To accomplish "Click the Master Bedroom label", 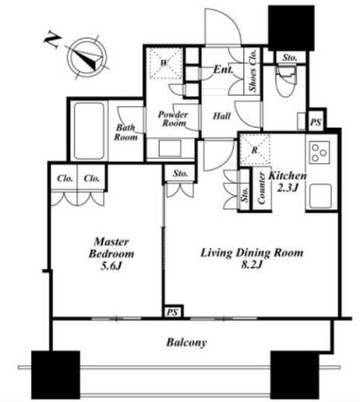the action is coord(111,254).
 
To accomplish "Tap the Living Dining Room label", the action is coord(252,258).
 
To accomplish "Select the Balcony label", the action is coord(186,342).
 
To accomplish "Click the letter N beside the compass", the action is coord(53,40).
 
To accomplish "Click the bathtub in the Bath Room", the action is coord(89,131).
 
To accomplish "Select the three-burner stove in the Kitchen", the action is coord(319,152).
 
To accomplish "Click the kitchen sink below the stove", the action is coord(320,196).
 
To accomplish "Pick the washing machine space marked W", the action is coord(166,63).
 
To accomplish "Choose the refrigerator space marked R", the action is coord(255,150).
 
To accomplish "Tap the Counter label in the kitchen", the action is coord(261,188).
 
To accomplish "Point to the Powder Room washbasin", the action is coord(169,148).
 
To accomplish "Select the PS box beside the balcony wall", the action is coord(172,312).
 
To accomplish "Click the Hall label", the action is coord(222,116).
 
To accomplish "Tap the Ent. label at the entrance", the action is coord(223,70).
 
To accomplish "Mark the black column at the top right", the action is coord(291,27).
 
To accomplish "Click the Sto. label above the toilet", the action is coord(289,58).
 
